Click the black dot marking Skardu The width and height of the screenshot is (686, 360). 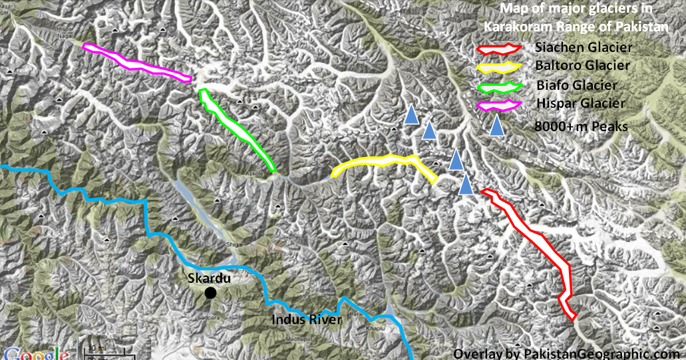[210, 293]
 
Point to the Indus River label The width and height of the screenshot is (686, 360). [307, 321]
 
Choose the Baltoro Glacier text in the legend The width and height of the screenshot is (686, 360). [582, 66]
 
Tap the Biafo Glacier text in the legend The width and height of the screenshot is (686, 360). [576, 85]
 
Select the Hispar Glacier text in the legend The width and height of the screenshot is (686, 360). [580, 103]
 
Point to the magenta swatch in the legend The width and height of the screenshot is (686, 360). [500, 104]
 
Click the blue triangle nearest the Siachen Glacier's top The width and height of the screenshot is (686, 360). [466, 184]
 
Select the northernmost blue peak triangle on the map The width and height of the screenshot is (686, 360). [412, 114]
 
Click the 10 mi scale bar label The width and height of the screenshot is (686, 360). [96, 348]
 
